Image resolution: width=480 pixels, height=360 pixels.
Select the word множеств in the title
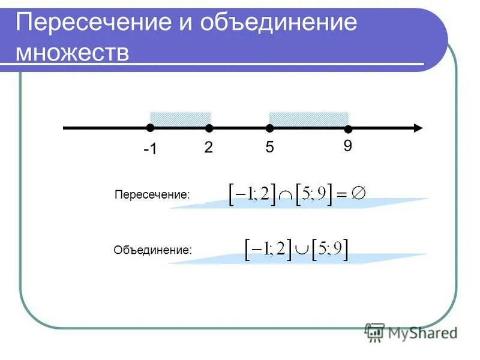73,52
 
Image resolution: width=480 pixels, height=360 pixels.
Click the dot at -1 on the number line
150,127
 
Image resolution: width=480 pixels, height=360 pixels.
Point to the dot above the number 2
209,128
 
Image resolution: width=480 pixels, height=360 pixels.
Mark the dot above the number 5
270,128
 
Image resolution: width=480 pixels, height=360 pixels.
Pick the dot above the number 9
348,129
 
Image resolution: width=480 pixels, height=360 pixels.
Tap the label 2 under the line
208,148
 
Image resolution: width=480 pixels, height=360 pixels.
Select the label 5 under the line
270,148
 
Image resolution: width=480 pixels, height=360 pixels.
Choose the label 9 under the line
347,146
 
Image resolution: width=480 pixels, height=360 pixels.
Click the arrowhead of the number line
418,128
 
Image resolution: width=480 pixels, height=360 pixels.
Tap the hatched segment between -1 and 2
180,118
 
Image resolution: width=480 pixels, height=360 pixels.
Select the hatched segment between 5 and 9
309,118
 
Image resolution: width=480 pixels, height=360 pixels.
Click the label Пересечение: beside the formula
152,195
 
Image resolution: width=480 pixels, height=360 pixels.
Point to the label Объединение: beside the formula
153,250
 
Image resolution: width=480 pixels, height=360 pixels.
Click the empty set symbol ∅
359,193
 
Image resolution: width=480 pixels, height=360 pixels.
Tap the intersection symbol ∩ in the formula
285,196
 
